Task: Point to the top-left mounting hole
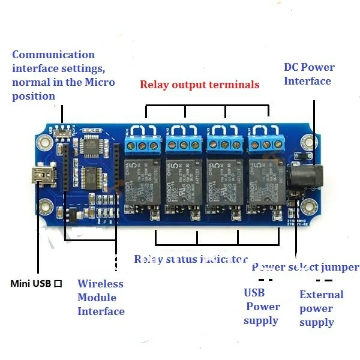pos(43,143)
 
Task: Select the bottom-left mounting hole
pos(43,209)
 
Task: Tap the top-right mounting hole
pos(308,142)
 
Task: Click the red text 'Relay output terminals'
pos(200,85)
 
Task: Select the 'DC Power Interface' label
pos(308,74)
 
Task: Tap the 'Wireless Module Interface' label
pos(101,298)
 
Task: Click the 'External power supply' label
pos(321,308)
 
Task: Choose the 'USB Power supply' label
pos(262,307)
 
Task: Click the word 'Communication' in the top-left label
pos(53,55)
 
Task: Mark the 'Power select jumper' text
pos(305,267)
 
